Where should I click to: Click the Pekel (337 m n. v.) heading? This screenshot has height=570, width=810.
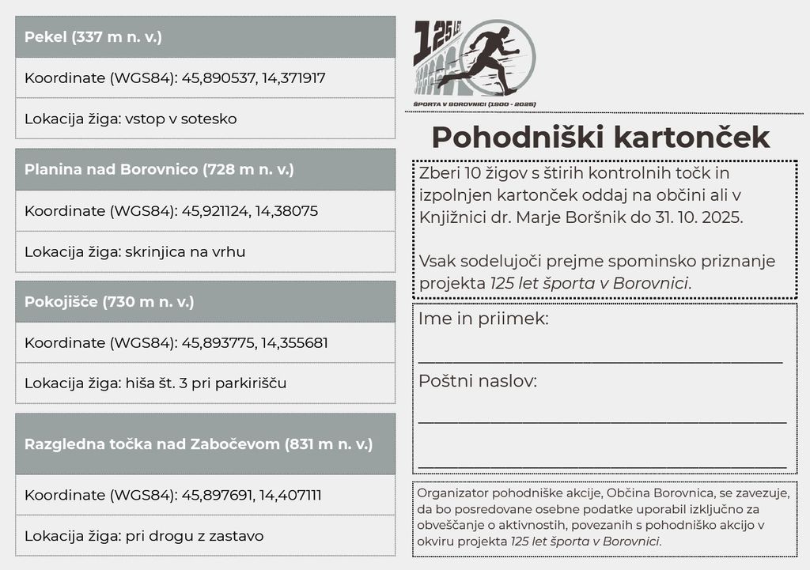point(93,37)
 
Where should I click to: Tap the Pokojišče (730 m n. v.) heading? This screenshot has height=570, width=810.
point(109,301)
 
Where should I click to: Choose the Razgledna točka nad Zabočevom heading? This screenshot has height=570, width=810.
point(198,444)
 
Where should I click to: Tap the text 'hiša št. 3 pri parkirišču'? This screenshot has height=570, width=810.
point(206,383)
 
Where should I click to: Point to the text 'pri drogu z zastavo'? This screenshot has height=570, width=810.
point(194,536)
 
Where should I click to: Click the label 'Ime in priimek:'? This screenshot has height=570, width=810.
point(483,319)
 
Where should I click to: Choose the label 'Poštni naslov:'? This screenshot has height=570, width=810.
point(478,381)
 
